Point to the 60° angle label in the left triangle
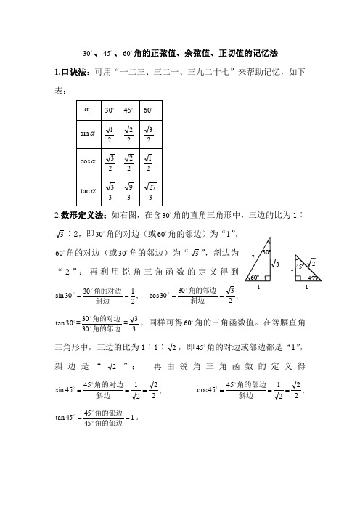255,278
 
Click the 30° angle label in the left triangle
266,253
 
